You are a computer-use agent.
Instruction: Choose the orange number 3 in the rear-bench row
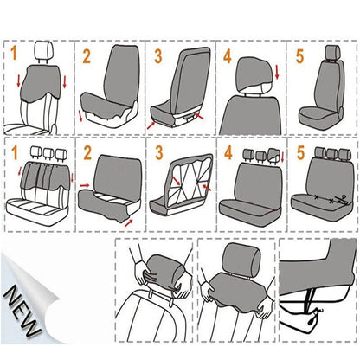pos(157,156)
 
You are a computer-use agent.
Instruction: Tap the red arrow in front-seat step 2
pos(82,115)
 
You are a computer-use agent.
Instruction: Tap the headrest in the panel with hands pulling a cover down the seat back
pos(233,260)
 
